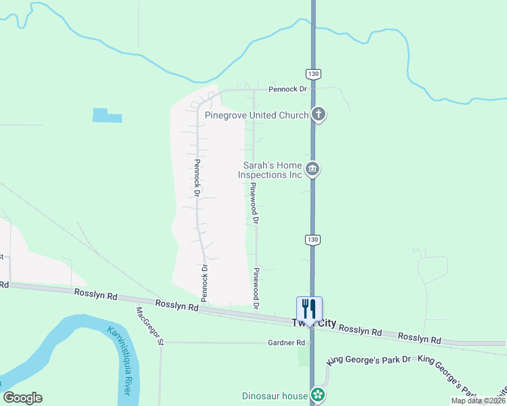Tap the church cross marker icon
pos(319,114)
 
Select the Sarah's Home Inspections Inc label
pos(269,170)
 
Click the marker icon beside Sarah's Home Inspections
pos(312,168)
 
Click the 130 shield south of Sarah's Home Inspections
pos(312,239)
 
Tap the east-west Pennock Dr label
pos(287,89)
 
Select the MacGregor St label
pos(150,326)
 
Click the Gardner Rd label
pos(286,343)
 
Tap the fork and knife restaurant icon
pos(309,309)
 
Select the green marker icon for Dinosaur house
pos(317,394)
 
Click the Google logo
pos(22,398)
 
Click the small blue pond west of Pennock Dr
pos(106,115)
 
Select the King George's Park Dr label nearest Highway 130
pos(369,360)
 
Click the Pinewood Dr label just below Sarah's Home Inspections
pos(255,203)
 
